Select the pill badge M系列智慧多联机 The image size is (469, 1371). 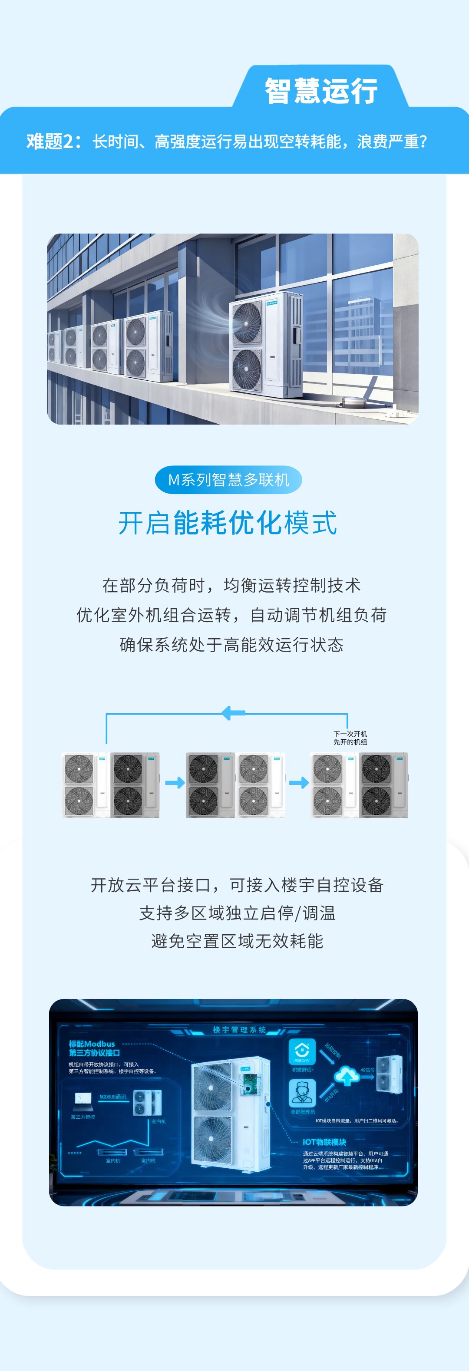coord(228,480)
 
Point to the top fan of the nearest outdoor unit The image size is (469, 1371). coord(247,323)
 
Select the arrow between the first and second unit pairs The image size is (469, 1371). coord(175,783)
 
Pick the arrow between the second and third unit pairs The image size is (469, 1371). coord(299,783)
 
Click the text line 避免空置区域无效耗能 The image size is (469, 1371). coord(237,941)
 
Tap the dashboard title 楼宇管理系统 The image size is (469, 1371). coord(240,1029)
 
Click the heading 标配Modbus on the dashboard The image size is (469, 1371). coord(92,1044)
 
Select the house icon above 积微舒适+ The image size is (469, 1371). coord(301,1051)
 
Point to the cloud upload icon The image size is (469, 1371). coord(346,1076)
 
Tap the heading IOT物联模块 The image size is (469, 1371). coord(324,1142)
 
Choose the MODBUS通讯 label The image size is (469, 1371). coord(113,1096)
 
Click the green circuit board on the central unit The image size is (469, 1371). coord(250,1084)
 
